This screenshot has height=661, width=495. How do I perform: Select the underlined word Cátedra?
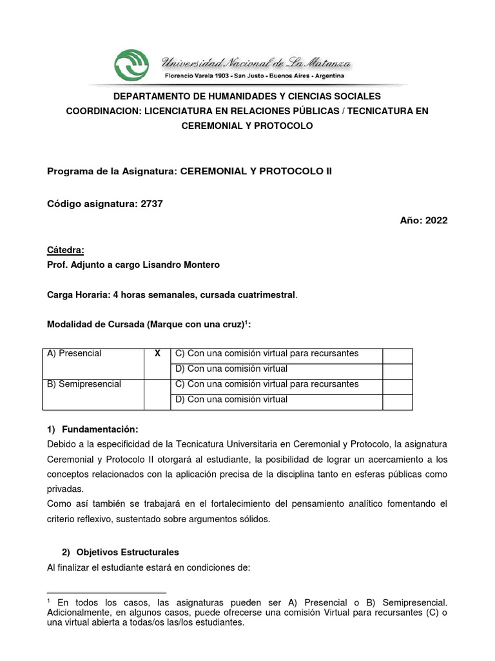coord(66,250)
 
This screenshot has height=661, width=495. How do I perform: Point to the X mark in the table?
coord(157,354)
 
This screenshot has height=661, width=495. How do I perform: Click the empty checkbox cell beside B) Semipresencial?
coord(157,394)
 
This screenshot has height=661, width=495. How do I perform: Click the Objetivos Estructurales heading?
coord(128,553)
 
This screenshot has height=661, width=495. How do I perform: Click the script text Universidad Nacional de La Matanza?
coord(255,63)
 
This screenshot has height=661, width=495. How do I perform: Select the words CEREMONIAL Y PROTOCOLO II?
coord(257,172)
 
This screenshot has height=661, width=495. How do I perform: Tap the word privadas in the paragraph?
coord(66,489)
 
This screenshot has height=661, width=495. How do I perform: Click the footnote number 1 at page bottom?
coord(50,600)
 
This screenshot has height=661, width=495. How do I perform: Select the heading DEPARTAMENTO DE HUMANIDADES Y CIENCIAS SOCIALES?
coord(247,96)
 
